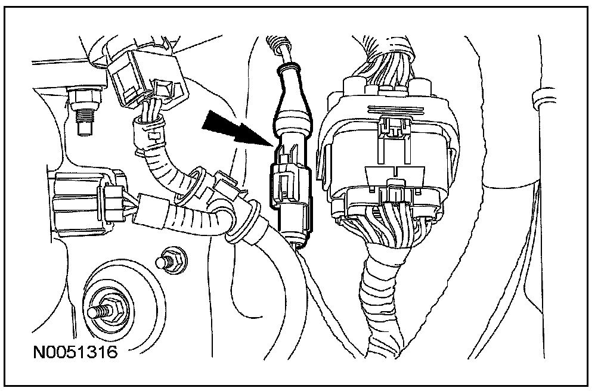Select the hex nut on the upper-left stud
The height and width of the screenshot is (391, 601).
click(x=79, y=99)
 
